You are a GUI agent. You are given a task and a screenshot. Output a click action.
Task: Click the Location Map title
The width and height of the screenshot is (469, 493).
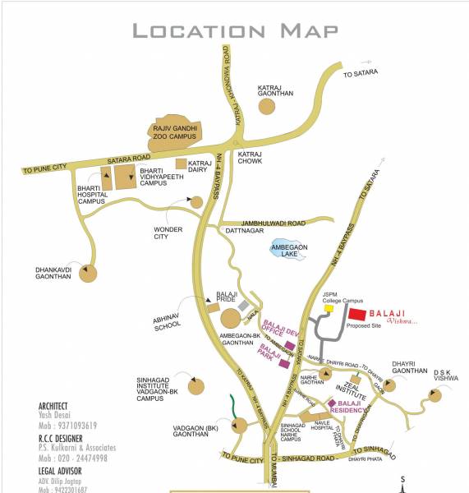coord(235,31)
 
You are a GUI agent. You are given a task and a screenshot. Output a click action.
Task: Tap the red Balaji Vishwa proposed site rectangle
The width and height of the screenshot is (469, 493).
coord(356,314)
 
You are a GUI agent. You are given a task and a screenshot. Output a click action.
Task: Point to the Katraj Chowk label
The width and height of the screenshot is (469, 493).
coord(249,158)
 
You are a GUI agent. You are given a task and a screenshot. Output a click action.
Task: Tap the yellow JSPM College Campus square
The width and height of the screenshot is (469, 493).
coord(329,309)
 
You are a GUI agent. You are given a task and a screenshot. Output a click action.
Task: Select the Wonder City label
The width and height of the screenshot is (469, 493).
coord(166,233)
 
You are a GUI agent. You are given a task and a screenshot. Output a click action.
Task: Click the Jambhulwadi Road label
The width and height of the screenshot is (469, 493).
coord(273,223)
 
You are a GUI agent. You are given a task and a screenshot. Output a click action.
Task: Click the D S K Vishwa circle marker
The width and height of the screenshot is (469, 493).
coord(435,397)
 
